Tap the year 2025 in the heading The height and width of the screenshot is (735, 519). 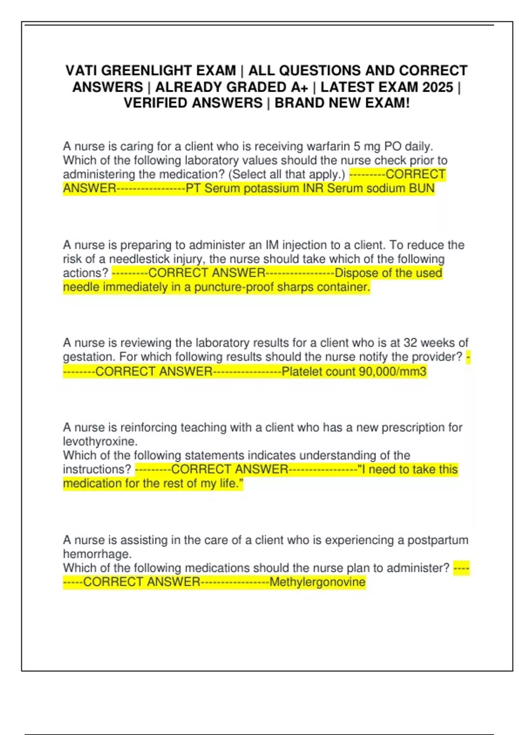(x=437, y=87)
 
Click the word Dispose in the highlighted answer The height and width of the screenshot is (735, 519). (x=356, y=273)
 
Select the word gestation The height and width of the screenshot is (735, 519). (x=89, y=357)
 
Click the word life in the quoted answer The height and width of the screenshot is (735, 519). (x=229, y=483)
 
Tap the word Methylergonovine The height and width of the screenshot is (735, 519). (x=317, y=582)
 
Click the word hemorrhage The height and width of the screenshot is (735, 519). (x=97, y=554)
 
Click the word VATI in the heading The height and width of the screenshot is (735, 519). (x=81, y=70)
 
